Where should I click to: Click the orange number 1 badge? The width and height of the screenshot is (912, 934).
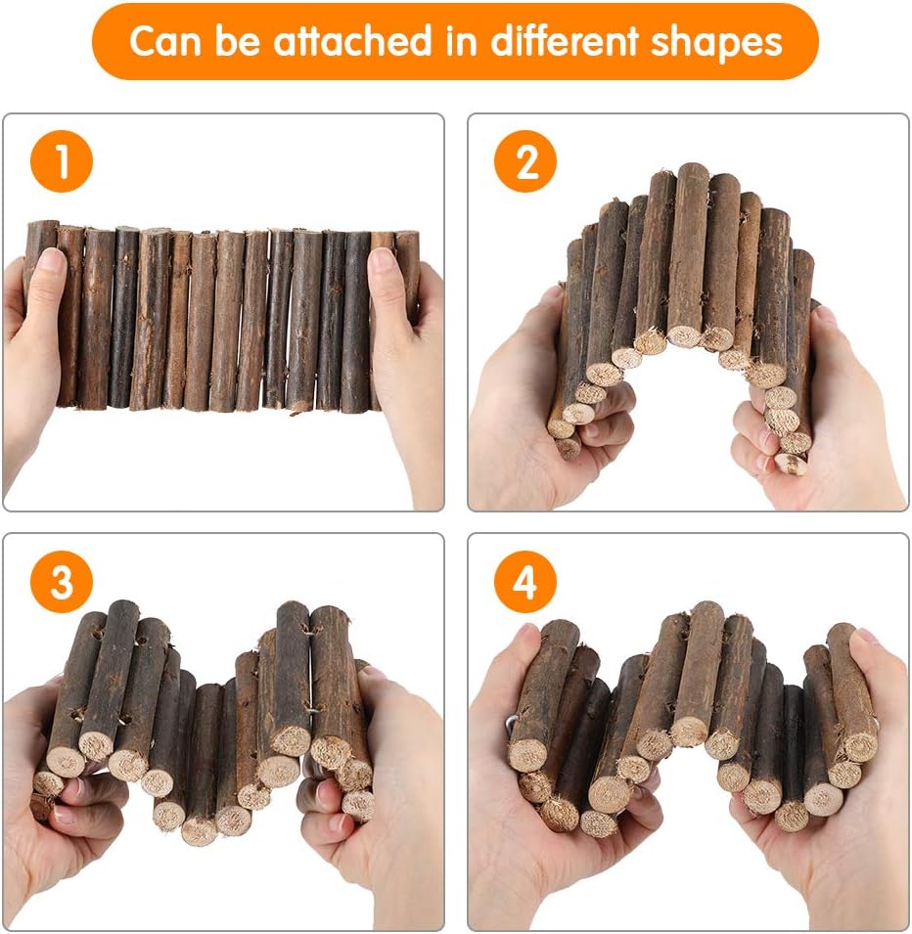pyautogui.click(x=62, y=161)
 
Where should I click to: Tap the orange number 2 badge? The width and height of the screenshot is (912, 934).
pyautogui.click(x=525, y=161)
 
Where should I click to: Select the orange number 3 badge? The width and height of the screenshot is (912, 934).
pyautogui.click(x=62, y=584)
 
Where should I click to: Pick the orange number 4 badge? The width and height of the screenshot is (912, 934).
pyautogui.click(x=525, y=584)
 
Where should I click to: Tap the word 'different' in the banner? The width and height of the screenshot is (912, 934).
pyautogui.click(x=561, y=41)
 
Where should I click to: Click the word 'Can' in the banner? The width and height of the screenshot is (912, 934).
pyautogui.click(x=162, y=41)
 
